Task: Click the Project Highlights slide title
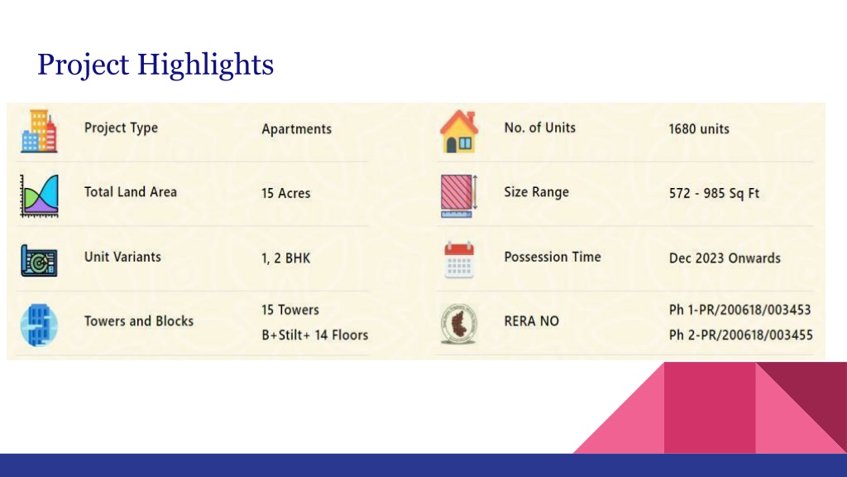156,64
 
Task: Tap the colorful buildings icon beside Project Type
38,131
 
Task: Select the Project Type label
121,128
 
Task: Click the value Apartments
296,129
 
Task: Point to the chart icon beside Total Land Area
38,195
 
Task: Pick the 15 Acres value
285,193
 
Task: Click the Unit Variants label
122,257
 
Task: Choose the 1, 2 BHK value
285,258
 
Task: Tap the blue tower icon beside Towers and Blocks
38,324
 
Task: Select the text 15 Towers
290,310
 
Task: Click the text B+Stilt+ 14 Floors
314,335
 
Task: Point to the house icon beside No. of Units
458,132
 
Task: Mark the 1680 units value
699,129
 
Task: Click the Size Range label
536,192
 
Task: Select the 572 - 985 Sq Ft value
714,193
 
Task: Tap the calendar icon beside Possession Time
458,259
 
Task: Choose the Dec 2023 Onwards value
725,258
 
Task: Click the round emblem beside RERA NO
458,324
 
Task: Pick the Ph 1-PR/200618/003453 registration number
739,310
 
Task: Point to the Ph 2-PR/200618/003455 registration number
739,335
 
